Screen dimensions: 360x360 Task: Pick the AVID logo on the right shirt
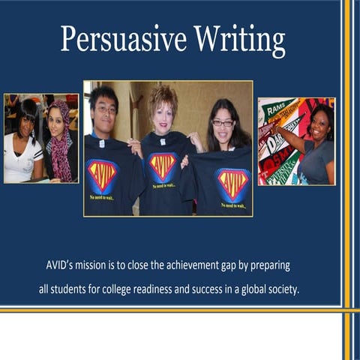point(232,184)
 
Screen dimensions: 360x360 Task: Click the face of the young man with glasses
point(105,109)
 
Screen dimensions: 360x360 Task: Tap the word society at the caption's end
point(284,289)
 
